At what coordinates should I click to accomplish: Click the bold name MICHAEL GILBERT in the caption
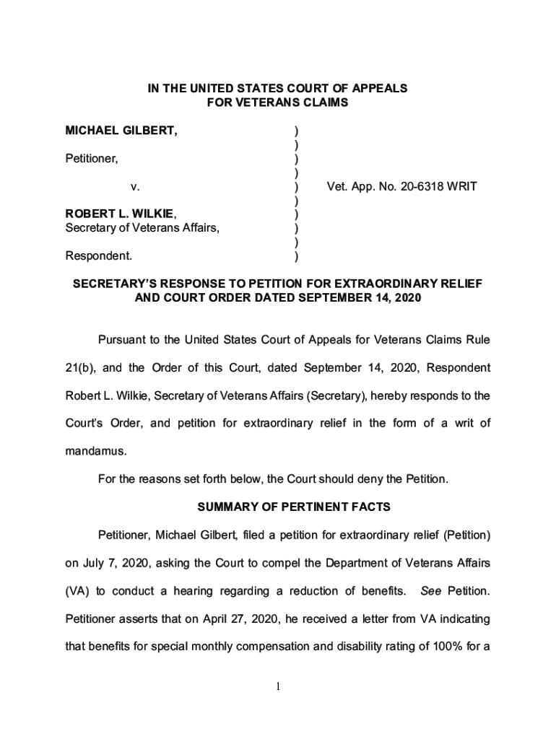point(121,131)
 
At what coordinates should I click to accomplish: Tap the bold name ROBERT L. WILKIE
point(119,214)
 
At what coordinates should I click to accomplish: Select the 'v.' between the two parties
point(135,187)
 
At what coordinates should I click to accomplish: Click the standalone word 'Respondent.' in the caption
point(99,255)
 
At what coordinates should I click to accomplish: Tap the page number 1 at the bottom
point(278,686)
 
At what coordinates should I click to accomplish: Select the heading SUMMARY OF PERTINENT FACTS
point(294,507)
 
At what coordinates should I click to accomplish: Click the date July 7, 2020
point(110,563)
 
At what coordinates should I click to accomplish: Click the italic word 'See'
point(430,591)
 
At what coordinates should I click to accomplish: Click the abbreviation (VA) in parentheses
point(77,591)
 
